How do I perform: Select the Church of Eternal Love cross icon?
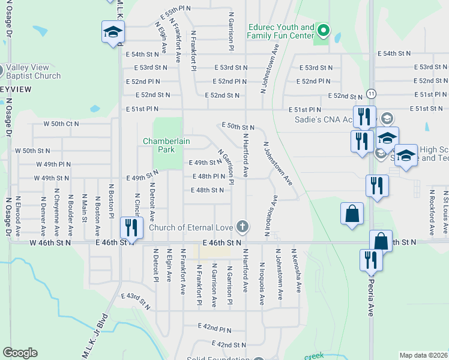pos(243,227)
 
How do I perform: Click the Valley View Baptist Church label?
pos(34,72)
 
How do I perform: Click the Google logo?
pos(20,353)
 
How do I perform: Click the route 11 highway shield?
pos(372,94)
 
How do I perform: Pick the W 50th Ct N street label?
pos(61,124)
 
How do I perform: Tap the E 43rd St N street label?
pos(136,301)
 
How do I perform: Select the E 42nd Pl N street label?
pos(215,329)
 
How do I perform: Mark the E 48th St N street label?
pos(207,190)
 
